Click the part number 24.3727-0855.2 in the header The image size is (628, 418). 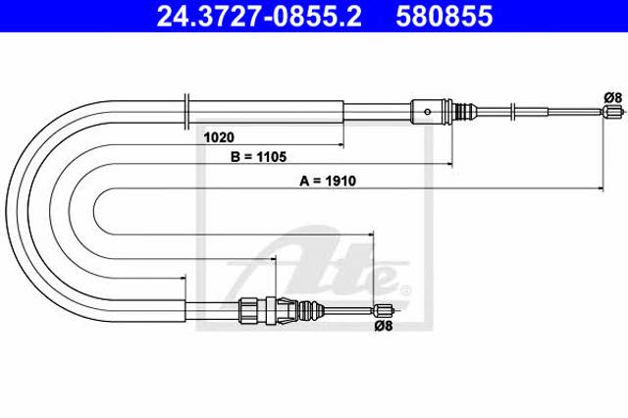click(x=259, y=16)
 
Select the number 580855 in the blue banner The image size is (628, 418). click(x=445, y=16)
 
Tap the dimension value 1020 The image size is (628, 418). click(x=219, y=137)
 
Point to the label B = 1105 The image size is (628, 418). click(x=259, y=157)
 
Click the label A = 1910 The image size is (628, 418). click(x=328, y=181)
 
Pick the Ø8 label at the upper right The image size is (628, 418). click(x=612, y=98)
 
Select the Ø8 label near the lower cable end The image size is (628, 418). click(x=384, y=326)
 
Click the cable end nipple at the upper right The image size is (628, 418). click(x=613, y=111)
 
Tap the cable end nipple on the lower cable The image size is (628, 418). click(x=384, y=310)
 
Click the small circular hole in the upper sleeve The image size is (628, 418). click(x=428, y=112)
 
